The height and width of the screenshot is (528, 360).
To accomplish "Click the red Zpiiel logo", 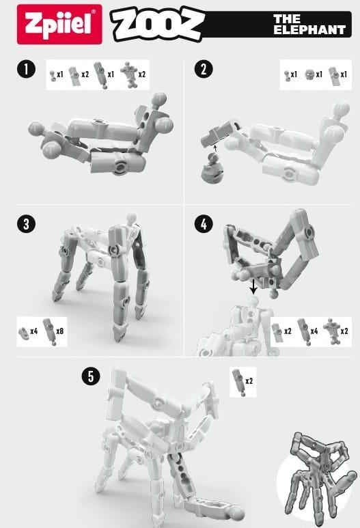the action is coord(59,24).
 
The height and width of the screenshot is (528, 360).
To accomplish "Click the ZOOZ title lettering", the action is coord(158,24).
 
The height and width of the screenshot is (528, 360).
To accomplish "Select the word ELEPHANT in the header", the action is coord(309,29).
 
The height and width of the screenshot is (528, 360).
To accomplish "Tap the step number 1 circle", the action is coord(26,69).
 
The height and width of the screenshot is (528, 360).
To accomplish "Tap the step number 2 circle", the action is coord(204,69).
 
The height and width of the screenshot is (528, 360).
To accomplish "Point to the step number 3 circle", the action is coord(26,223).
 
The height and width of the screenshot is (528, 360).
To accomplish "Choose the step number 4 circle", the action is coord(204,223).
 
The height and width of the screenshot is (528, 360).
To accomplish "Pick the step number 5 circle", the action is coord(91,376).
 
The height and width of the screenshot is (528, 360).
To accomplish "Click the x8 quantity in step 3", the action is coord(59,331).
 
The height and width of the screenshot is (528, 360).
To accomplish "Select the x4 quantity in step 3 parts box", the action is coord(33,331).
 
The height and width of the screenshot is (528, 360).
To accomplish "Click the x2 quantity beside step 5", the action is coord(249,381).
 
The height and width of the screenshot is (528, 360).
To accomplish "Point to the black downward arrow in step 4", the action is coord(253,286).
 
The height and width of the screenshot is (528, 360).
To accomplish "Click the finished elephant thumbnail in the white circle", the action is coord(316,478).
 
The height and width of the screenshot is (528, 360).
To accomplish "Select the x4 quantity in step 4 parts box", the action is coord(314,331).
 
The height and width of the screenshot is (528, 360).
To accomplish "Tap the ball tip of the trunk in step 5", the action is coord(238,512).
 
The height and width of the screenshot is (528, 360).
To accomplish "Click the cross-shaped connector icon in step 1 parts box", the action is coord(128,74).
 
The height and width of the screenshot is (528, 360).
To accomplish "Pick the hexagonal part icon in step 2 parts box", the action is coord(309,74).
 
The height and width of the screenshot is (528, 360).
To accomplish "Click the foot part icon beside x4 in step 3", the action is coord(24,333).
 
